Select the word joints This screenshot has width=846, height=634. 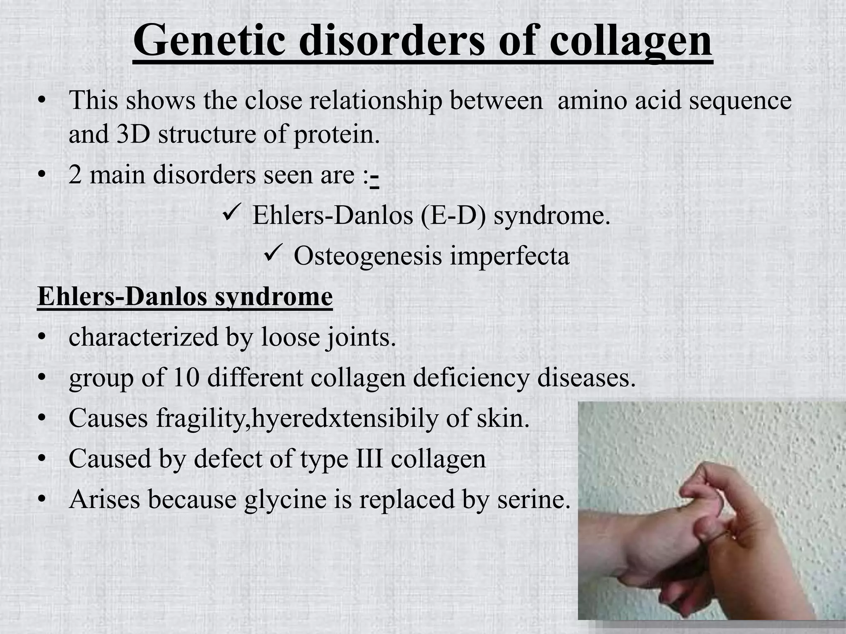[x=360, y=338]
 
